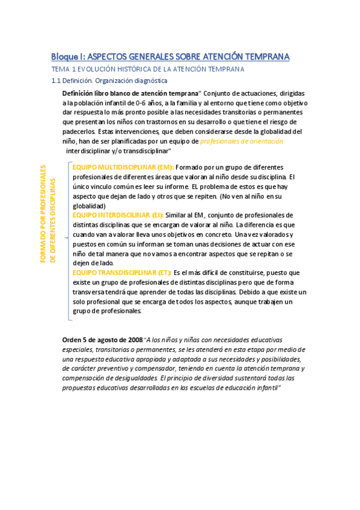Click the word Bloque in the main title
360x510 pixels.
[67, 57]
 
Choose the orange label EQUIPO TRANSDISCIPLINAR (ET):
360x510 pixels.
[122, 272]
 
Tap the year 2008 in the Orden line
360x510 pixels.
[135, 340]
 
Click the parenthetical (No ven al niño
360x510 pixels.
[242, 196]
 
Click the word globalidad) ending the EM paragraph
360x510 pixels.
[89, 206]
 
